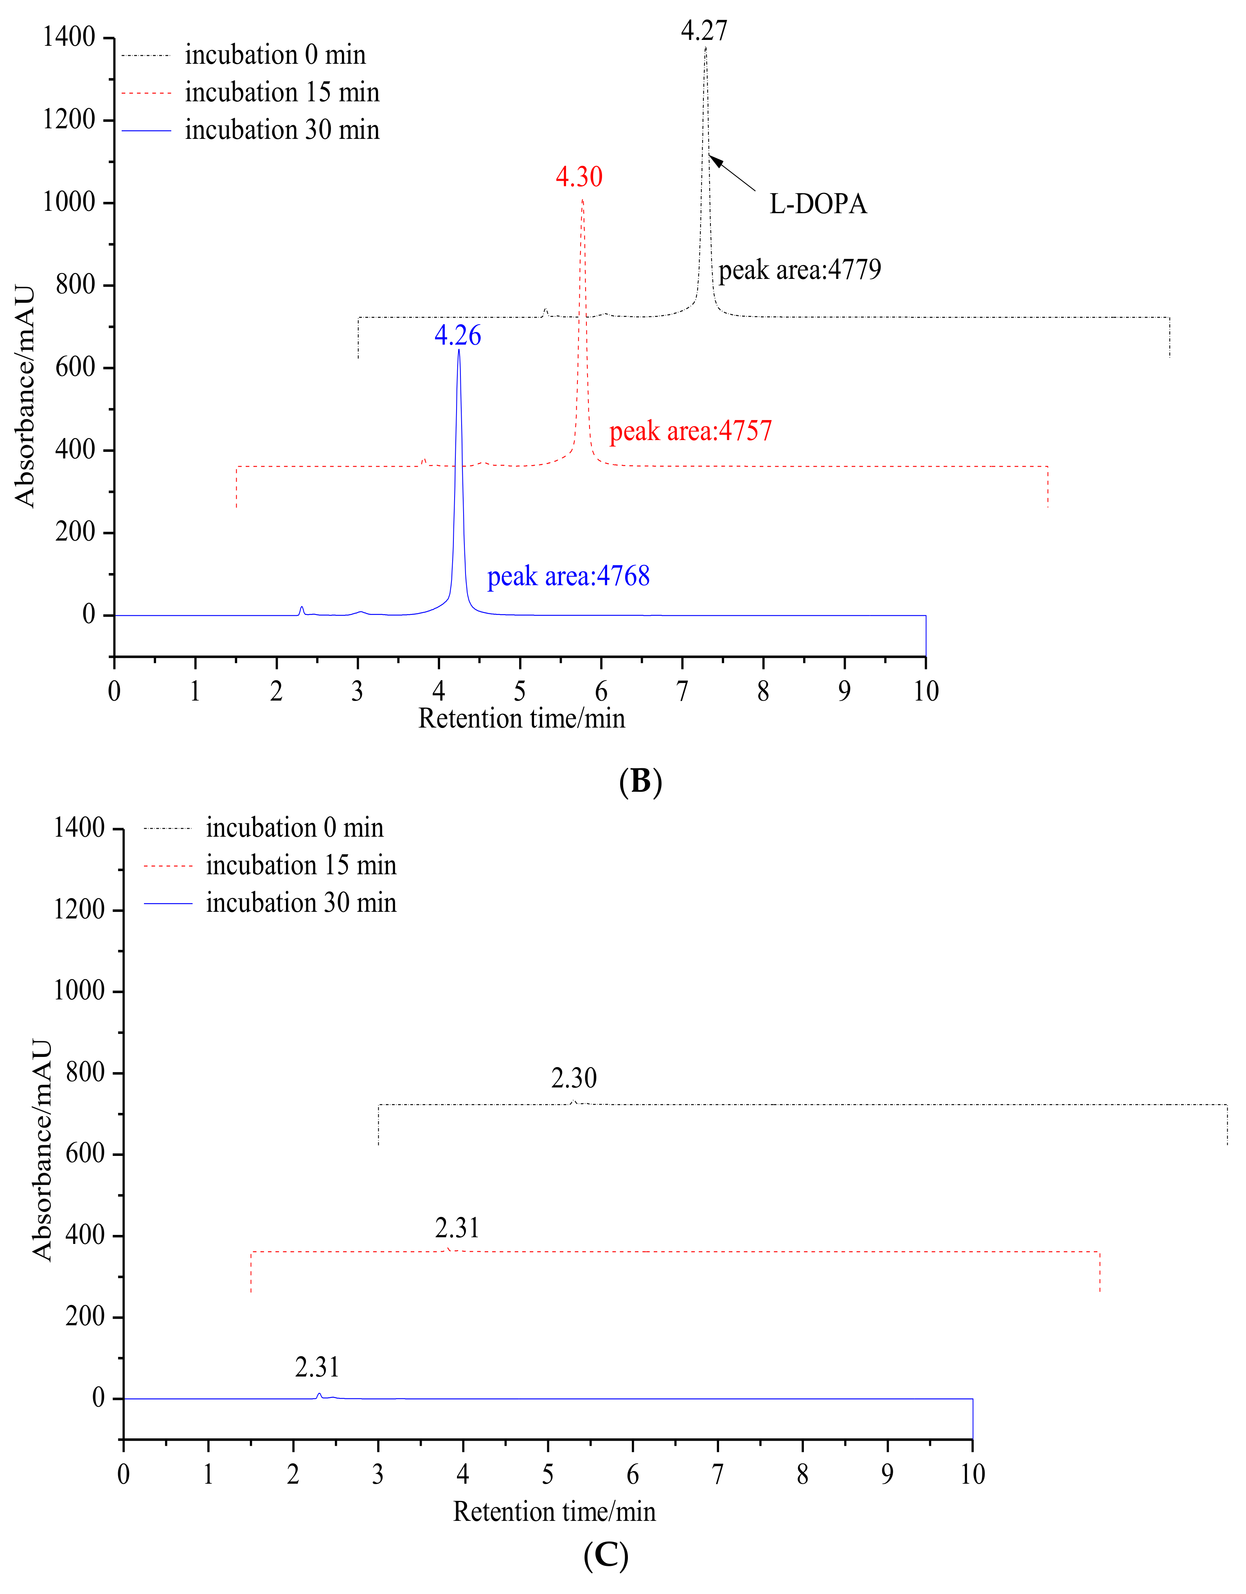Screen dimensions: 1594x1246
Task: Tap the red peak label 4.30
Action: pyautogui.click(x=579, y=177)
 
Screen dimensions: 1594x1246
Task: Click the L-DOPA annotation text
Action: pyautogui.click(x=818, y=204)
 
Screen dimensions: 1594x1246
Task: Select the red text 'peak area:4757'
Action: pyautogui.click(x=690, y=431)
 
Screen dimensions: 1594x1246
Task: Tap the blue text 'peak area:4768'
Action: pyautogui.click(x=568, y=577)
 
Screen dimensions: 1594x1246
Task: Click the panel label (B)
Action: pyautogui.click(x=640, y=782)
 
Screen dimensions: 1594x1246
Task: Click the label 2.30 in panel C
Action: pyautogui.click(x=574, y=1078)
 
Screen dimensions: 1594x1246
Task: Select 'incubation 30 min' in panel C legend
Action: pyautogui.click(x=301, y=903)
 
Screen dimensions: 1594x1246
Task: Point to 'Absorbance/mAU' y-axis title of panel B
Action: pyautogui.click(x=25, y=396)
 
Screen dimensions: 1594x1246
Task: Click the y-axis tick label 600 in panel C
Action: pyautogui.click(x=85, y=1154)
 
